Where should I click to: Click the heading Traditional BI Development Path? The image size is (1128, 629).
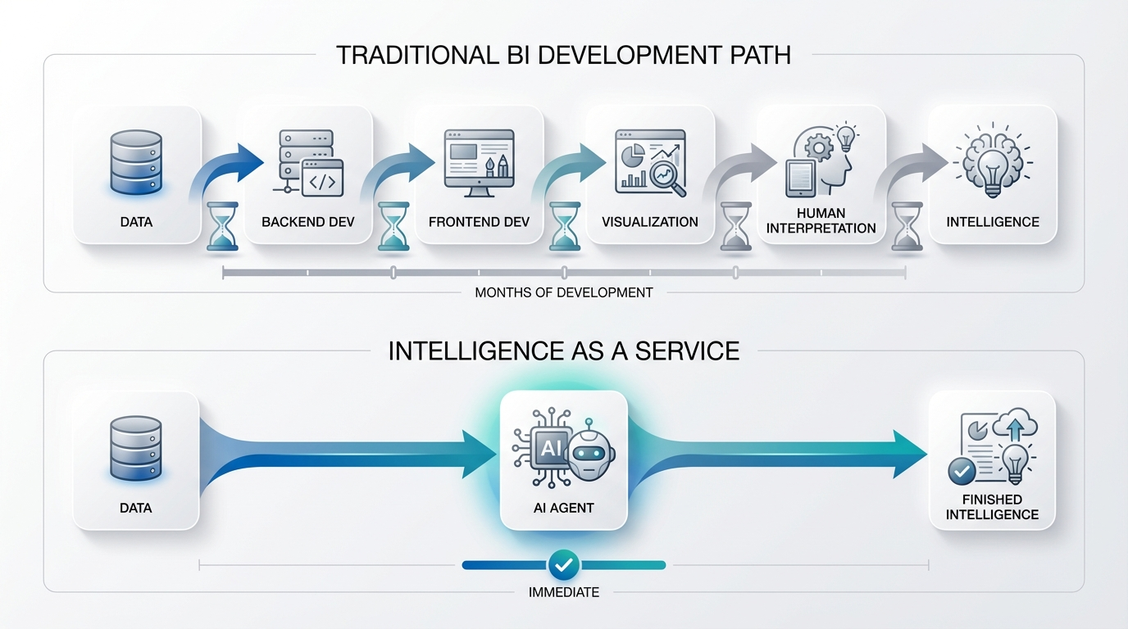click(x=563, y=55)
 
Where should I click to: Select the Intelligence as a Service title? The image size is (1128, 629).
click(x=563, y=351)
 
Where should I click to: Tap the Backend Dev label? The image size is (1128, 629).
click(x=307, y=222)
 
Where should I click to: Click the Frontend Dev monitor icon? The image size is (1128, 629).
click(x=478, y=162)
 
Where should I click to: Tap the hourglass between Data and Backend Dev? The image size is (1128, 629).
click(x=222, y=226)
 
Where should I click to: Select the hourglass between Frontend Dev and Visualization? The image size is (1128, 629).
click(x=564, y=226)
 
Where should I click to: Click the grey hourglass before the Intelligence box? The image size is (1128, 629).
click(x=907, y=226)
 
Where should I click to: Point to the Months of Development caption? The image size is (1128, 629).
click(x=564, y=292)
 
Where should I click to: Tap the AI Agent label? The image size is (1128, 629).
click(x=563, y=508)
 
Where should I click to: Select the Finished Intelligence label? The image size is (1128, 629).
click(x=992, y=507)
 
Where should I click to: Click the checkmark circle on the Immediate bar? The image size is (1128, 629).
click(x=564, y=564)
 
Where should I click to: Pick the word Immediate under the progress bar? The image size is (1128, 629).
click(x=564, y=592)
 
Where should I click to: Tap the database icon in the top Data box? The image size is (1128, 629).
click(x=136, y=162)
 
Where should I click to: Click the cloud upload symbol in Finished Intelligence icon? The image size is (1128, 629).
click(x=1015, y=427)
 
